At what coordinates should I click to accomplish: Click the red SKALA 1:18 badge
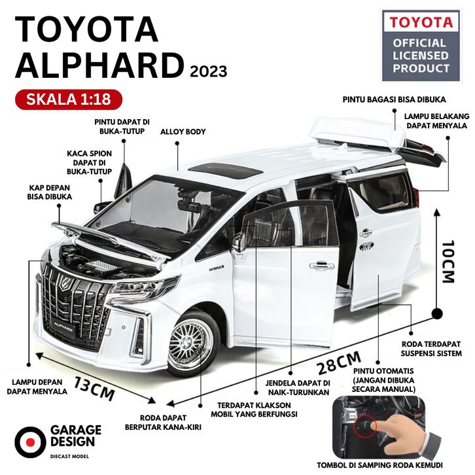tap(67, 99)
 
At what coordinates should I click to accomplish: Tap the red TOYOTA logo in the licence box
tap(421, 22)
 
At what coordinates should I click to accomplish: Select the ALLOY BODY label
tap(183, 132)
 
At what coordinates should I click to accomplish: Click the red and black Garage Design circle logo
tap(28, 438)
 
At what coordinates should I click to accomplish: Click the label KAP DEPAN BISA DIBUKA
tap(50, 190)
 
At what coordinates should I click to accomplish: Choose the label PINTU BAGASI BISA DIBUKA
tap(395, 100)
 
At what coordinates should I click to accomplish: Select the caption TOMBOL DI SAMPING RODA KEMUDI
tap(393, 465)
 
